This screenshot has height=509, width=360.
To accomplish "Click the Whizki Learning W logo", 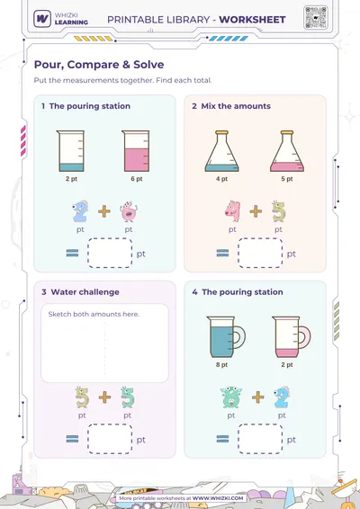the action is (42, 19).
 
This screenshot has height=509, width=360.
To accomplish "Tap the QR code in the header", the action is (315, 17).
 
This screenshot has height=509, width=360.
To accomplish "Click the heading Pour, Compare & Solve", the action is (99, 65).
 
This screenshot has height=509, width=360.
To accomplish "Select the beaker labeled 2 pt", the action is (70, 151).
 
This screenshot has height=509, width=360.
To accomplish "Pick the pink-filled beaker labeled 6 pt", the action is (136, 151).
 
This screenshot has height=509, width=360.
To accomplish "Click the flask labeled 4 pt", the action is (222, 151).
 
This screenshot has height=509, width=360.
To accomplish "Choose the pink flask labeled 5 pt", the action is (287, 151).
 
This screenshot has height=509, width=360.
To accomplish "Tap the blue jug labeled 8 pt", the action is (226, 337).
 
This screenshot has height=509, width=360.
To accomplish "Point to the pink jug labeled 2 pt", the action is (291, 337).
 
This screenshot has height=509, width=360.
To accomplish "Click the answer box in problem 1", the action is (110, 254).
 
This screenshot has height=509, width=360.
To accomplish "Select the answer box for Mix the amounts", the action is (260, 254).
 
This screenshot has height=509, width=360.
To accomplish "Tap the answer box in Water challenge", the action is (110, 439).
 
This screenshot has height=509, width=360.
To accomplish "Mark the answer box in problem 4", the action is (260, 439).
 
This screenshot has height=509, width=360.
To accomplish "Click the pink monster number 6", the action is (129, 211).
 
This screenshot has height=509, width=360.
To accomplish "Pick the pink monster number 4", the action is (232, 211).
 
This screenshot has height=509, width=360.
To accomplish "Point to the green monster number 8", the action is (231, 397).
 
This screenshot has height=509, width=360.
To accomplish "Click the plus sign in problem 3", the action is (104, 397).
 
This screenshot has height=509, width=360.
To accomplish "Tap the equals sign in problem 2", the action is (222, 253).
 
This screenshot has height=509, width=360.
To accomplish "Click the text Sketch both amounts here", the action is (94, 314).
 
